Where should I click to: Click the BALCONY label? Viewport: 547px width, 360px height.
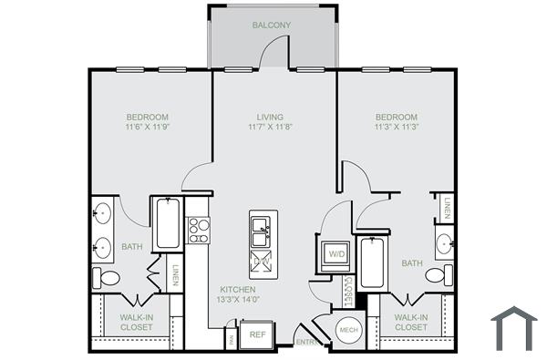point(272,25)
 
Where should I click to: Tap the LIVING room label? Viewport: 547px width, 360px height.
point(270,118)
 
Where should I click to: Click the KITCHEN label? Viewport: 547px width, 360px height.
point(236,289)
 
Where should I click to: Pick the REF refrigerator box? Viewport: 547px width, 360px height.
point(257,334)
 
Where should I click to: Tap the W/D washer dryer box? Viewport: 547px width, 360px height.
point(335,254)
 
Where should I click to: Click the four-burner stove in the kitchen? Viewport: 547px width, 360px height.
point(198,230)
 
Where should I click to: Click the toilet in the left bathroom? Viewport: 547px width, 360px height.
point(105,278)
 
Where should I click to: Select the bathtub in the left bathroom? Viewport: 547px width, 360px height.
point(167,224)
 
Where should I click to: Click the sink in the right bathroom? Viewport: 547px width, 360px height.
point(444,243)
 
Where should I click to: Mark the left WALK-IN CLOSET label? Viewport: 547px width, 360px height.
point(137,322)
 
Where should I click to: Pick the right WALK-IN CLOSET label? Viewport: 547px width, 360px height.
point(411,322)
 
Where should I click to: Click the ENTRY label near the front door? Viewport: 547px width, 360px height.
point(306,343)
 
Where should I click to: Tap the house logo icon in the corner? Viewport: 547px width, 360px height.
point(513,329)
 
